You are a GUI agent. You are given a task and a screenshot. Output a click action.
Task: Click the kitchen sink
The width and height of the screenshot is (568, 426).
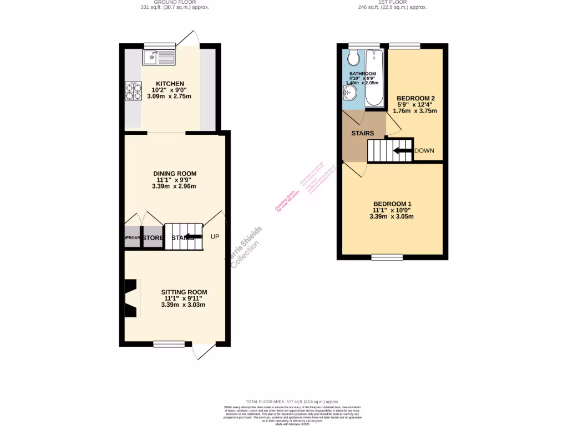[x=158, y=57]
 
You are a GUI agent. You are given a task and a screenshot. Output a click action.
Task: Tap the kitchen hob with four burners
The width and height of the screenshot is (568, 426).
[x=134, y=90]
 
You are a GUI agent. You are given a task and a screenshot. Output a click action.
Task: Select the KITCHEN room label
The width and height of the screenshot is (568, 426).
[x=170, y=84]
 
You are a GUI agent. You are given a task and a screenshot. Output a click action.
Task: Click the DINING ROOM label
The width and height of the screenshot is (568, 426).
[x=175, y=174]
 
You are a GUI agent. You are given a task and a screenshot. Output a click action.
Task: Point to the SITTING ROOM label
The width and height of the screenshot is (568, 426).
[x=184, y=292]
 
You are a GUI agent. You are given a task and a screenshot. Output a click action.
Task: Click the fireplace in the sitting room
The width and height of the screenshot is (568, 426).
[x=131, y=298]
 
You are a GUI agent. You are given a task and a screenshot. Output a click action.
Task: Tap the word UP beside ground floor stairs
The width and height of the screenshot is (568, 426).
[x=215, y=237]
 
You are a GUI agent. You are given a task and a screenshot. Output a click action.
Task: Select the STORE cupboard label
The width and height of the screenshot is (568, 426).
[x=153, y=238]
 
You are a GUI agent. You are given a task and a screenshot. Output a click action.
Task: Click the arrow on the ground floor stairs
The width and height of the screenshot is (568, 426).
[x=192, y=237]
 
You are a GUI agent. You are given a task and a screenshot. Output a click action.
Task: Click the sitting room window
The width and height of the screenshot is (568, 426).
[x=169, y=344]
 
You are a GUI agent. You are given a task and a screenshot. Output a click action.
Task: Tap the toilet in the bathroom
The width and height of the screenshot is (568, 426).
[x=353, y=58]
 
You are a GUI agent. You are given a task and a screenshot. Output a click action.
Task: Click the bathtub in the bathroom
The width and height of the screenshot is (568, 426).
[x=376, y=78]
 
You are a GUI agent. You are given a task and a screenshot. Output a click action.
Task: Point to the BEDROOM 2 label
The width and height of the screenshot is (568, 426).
[x=415, y=98]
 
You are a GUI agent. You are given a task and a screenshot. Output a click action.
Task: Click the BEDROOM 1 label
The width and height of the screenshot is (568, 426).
[x=392, y=204]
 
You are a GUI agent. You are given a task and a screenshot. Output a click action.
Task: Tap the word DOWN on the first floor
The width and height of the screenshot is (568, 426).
[x=424, y=150]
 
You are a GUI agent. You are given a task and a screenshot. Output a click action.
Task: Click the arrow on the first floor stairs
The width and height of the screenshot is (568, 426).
[x=402, y=150]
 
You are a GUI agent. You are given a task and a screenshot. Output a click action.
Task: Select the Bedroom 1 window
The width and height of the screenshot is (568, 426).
[x=387, y=257]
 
